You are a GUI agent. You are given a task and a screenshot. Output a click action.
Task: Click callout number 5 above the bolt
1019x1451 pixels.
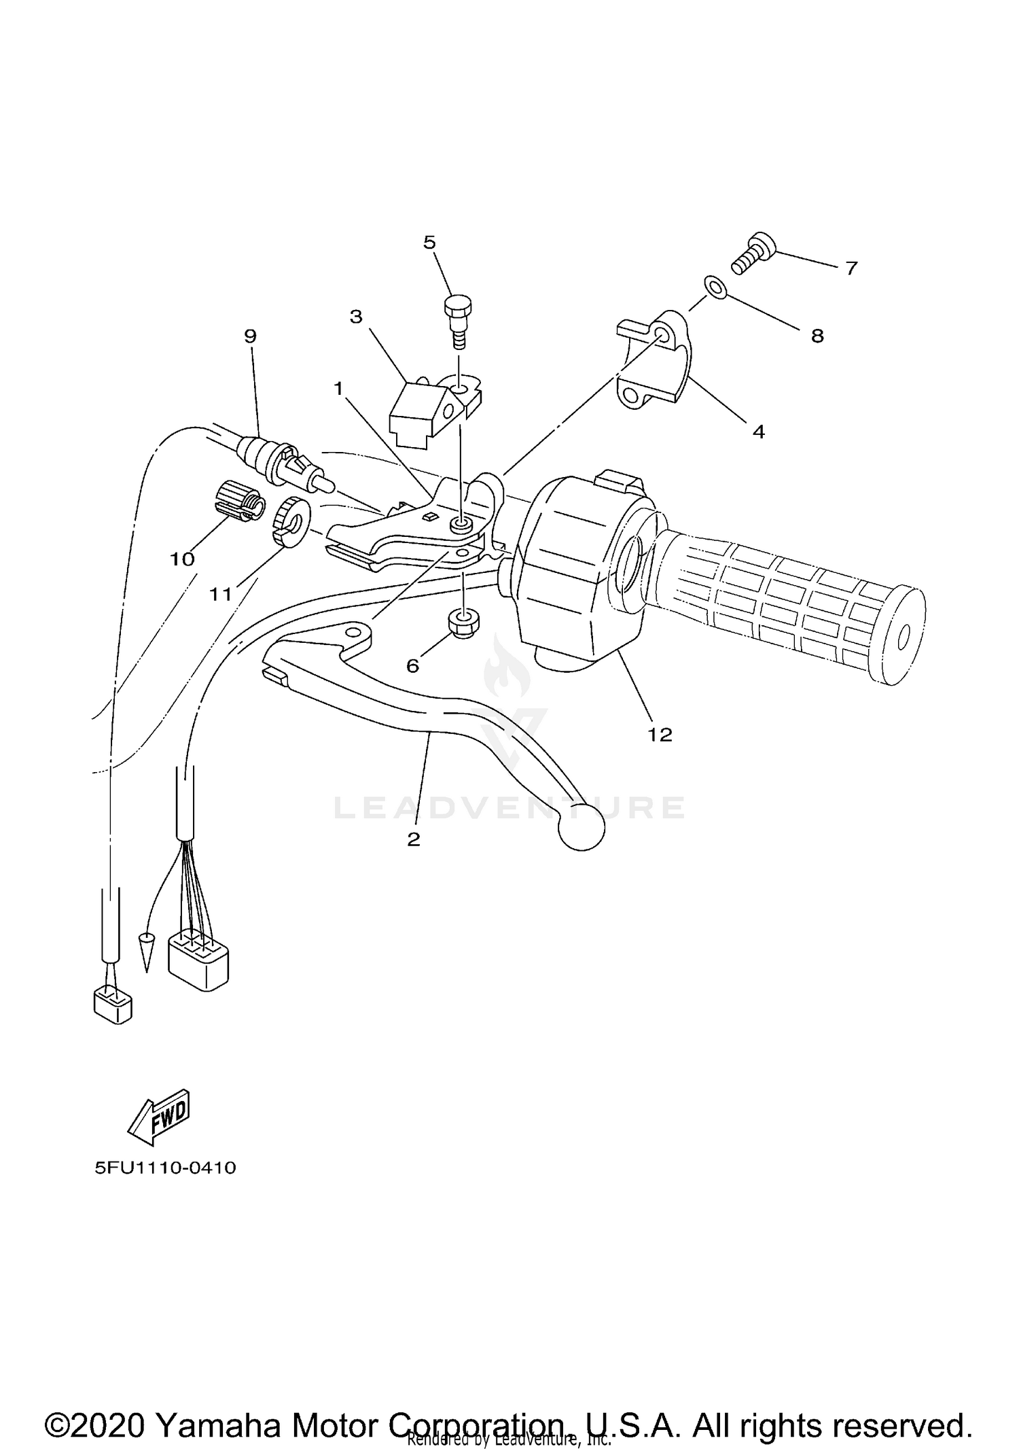[x=429, y=243]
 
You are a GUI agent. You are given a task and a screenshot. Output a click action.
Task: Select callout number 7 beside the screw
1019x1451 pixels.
[x=851, y=268]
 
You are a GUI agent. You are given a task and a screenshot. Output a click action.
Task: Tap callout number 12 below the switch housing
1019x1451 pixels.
[x=660, y=734]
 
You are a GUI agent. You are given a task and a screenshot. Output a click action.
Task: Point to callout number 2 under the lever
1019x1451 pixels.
[x=414, y=839]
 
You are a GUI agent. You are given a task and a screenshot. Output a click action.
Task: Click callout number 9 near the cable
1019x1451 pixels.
[x=251, y=336]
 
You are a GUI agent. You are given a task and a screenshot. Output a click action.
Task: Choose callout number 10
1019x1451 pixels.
[x=182, y=559]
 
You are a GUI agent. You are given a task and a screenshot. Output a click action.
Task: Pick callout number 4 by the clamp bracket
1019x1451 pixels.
[x=758, y=431]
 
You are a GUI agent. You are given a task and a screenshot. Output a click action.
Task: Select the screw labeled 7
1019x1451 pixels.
[x=750, y=255]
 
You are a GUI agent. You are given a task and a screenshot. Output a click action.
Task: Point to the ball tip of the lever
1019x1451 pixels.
[x=581, y=827]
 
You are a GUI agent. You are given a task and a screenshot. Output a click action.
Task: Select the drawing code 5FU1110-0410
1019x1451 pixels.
[x=165, y=1168]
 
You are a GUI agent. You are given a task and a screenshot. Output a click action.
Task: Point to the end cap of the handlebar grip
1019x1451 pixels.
[x=901, y=635]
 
